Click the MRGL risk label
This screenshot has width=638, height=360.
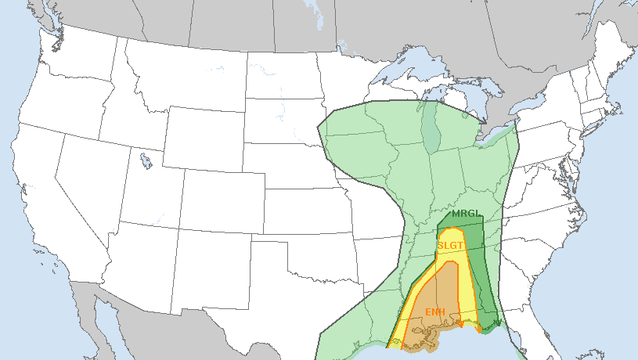[464, 214]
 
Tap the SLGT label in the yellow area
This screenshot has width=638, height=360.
[451, 246]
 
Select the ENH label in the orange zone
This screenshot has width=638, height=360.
[435, 312]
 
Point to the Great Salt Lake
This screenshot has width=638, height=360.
[146, 161]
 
